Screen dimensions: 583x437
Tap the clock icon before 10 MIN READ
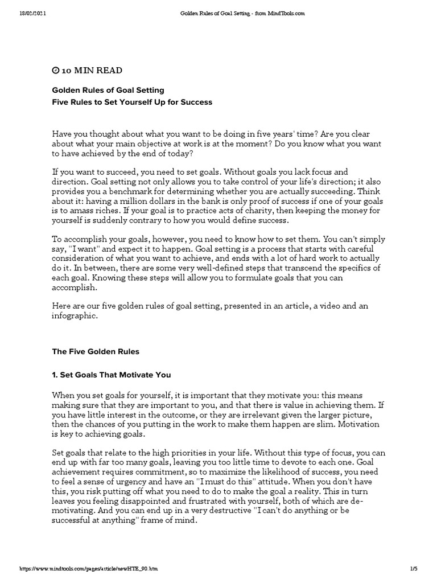(55, 71)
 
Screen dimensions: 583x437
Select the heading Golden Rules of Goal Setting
(108, 90)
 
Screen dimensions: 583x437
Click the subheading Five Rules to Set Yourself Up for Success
(132, 102)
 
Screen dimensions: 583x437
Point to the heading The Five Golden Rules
(96, 352)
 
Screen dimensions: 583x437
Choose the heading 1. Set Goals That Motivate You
(112, 375)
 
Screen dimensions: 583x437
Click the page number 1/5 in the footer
(414, 569)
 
